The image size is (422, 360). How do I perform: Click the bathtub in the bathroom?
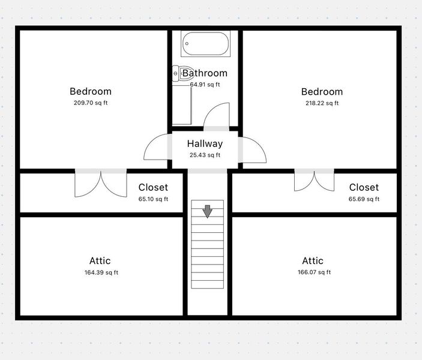[206, 44]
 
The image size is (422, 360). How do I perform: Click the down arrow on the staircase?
[207, 211]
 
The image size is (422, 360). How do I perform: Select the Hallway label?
[205, 144]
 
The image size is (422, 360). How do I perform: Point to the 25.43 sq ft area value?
[205, 155]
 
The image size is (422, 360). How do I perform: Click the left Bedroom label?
[91, 92]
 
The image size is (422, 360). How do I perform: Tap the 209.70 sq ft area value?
[91, 103]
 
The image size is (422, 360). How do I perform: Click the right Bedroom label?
[322, 92]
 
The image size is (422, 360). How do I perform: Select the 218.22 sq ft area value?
[322, 103]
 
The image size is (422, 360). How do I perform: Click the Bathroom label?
[205, 73]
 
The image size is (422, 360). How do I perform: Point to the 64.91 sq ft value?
[205, 85]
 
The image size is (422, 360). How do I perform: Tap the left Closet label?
[153, 188]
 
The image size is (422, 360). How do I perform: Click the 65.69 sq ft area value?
[364, 199]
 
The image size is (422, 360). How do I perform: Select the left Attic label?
[100, 261]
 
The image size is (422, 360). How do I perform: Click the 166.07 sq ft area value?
[313, 272]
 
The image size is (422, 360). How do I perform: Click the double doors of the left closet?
[101, 184]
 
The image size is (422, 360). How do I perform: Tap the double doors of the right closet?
[314, 181]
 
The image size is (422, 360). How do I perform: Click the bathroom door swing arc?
[217, 116]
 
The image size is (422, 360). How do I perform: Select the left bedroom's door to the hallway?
[158, 148]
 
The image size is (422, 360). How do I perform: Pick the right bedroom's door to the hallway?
[253, 149]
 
